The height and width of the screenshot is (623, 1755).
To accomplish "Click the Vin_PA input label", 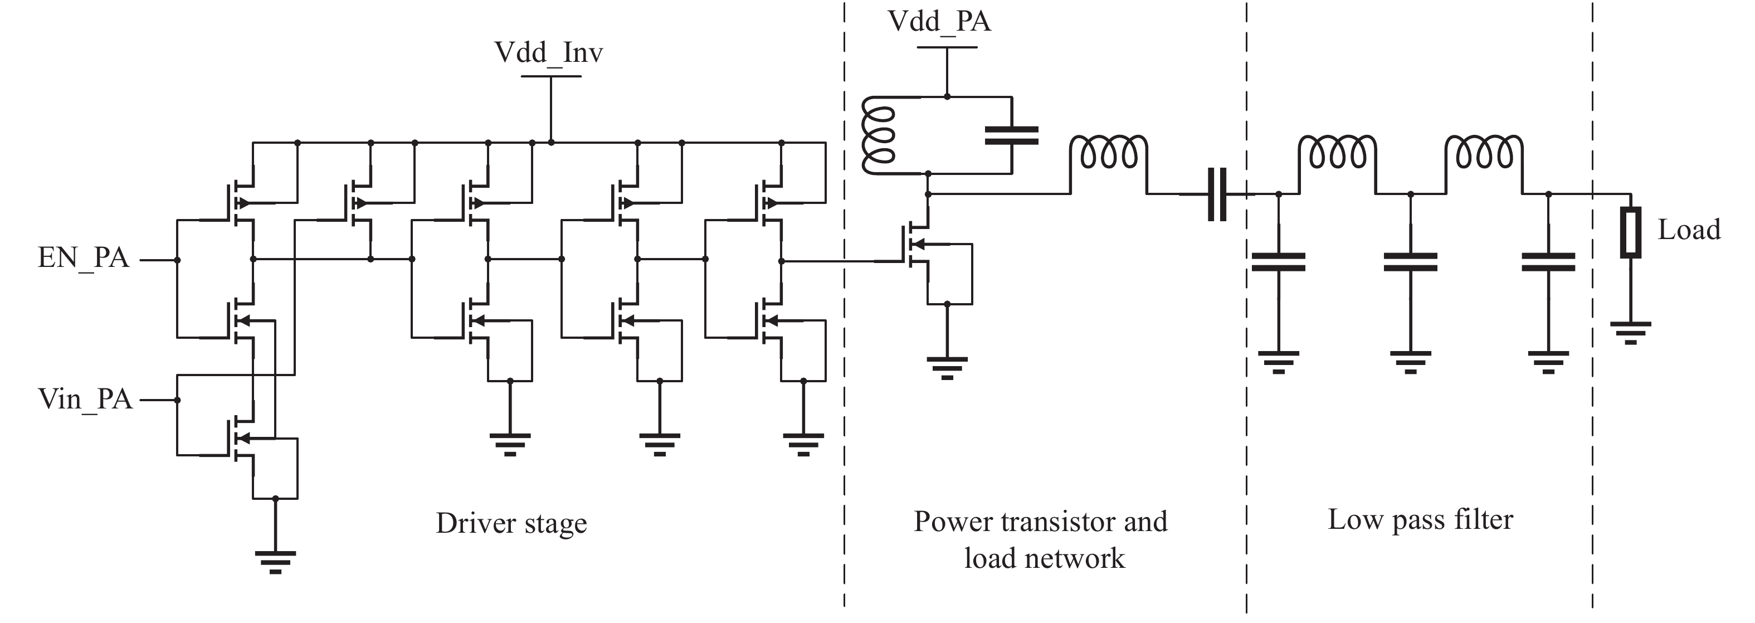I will pos(85,400).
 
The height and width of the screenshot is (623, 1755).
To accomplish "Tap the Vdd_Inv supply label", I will pos(548,52).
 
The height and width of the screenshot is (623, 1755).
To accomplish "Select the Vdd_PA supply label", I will pos(939,22).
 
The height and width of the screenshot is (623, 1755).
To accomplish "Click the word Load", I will pos(1688,230).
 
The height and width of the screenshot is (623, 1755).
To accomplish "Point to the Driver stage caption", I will pos(511,523).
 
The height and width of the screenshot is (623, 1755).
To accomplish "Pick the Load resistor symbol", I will pos(1630,232).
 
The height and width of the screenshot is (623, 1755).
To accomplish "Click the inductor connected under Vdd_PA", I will pos(878,135).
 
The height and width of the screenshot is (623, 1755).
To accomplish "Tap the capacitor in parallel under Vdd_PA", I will pos(1012,135).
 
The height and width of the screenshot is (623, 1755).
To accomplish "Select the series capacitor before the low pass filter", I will pos(1217,194).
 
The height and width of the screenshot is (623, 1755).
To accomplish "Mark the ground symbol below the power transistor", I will pos(947,367).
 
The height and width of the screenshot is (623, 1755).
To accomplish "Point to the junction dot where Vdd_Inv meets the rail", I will pos(550,143).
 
